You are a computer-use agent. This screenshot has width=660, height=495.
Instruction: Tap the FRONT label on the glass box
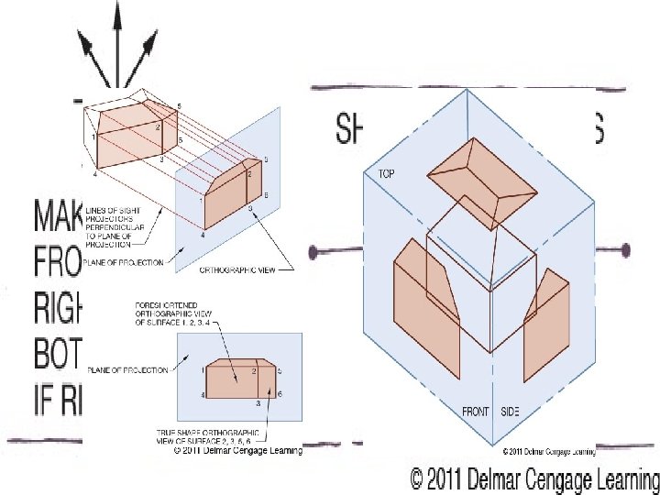pos(476,410)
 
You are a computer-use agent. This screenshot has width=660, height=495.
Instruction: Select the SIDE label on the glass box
pos(510,410)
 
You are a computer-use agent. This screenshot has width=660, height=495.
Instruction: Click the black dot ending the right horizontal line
pos(627,249)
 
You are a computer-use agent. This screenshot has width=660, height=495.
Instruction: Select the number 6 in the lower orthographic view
pos(279,392)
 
